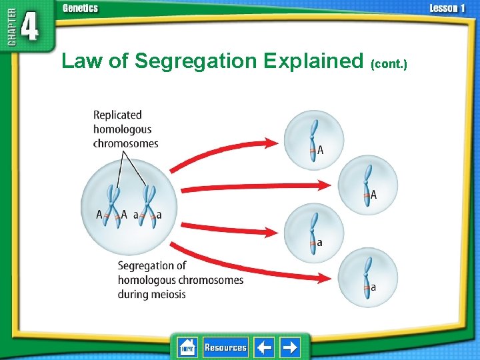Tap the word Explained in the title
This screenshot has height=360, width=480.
[x=313, y=61]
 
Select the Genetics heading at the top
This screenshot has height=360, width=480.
[x=80, y=9]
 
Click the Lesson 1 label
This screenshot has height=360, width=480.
[x=446, y=9]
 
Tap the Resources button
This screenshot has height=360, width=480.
[x=225, y=347]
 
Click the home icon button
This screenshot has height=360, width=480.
[x=187, y=347]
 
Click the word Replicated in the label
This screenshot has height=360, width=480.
[x=117, y=115]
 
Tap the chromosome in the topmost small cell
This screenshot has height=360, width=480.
[x=313, y=141]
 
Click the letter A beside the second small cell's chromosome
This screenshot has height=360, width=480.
[x=373, y=195]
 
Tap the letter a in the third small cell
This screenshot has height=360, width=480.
[x=319, y=243]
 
